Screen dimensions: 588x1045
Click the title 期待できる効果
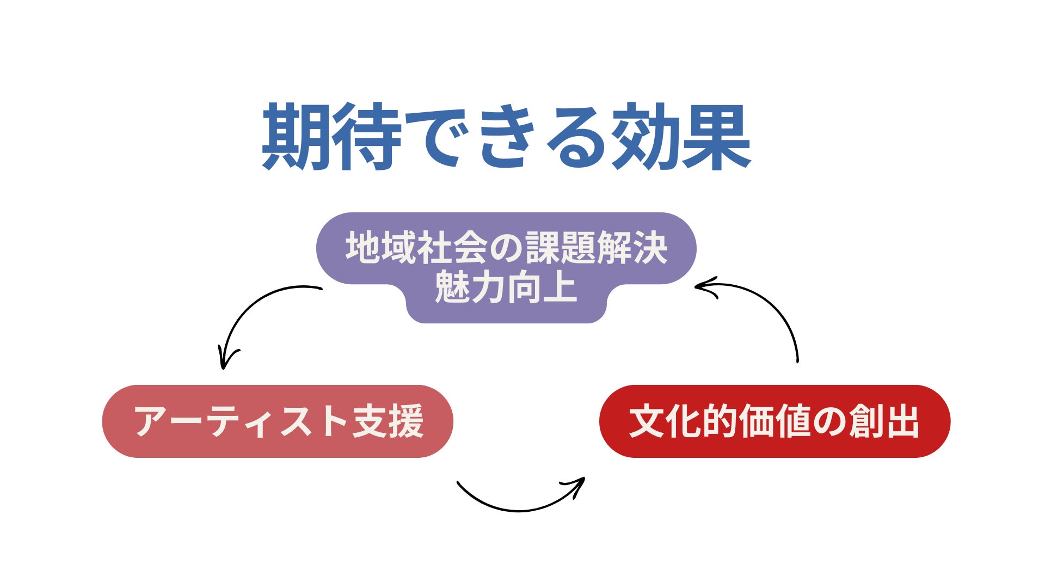click(506, 136)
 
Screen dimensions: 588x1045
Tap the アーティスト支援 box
click(278, 421)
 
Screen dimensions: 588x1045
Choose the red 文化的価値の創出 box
click(774, 421)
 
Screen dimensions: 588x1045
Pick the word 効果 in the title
click(680, 136)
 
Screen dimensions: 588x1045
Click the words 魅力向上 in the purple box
click(506, 287)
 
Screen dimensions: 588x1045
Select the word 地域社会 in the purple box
click(416, 248)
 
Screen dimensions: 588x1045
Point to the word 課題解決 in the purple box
click(596, 248)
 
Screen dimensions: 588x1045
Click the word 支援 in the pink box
click(388, 421)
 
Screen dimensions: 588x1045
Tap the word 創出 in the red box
click(884, 421)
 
